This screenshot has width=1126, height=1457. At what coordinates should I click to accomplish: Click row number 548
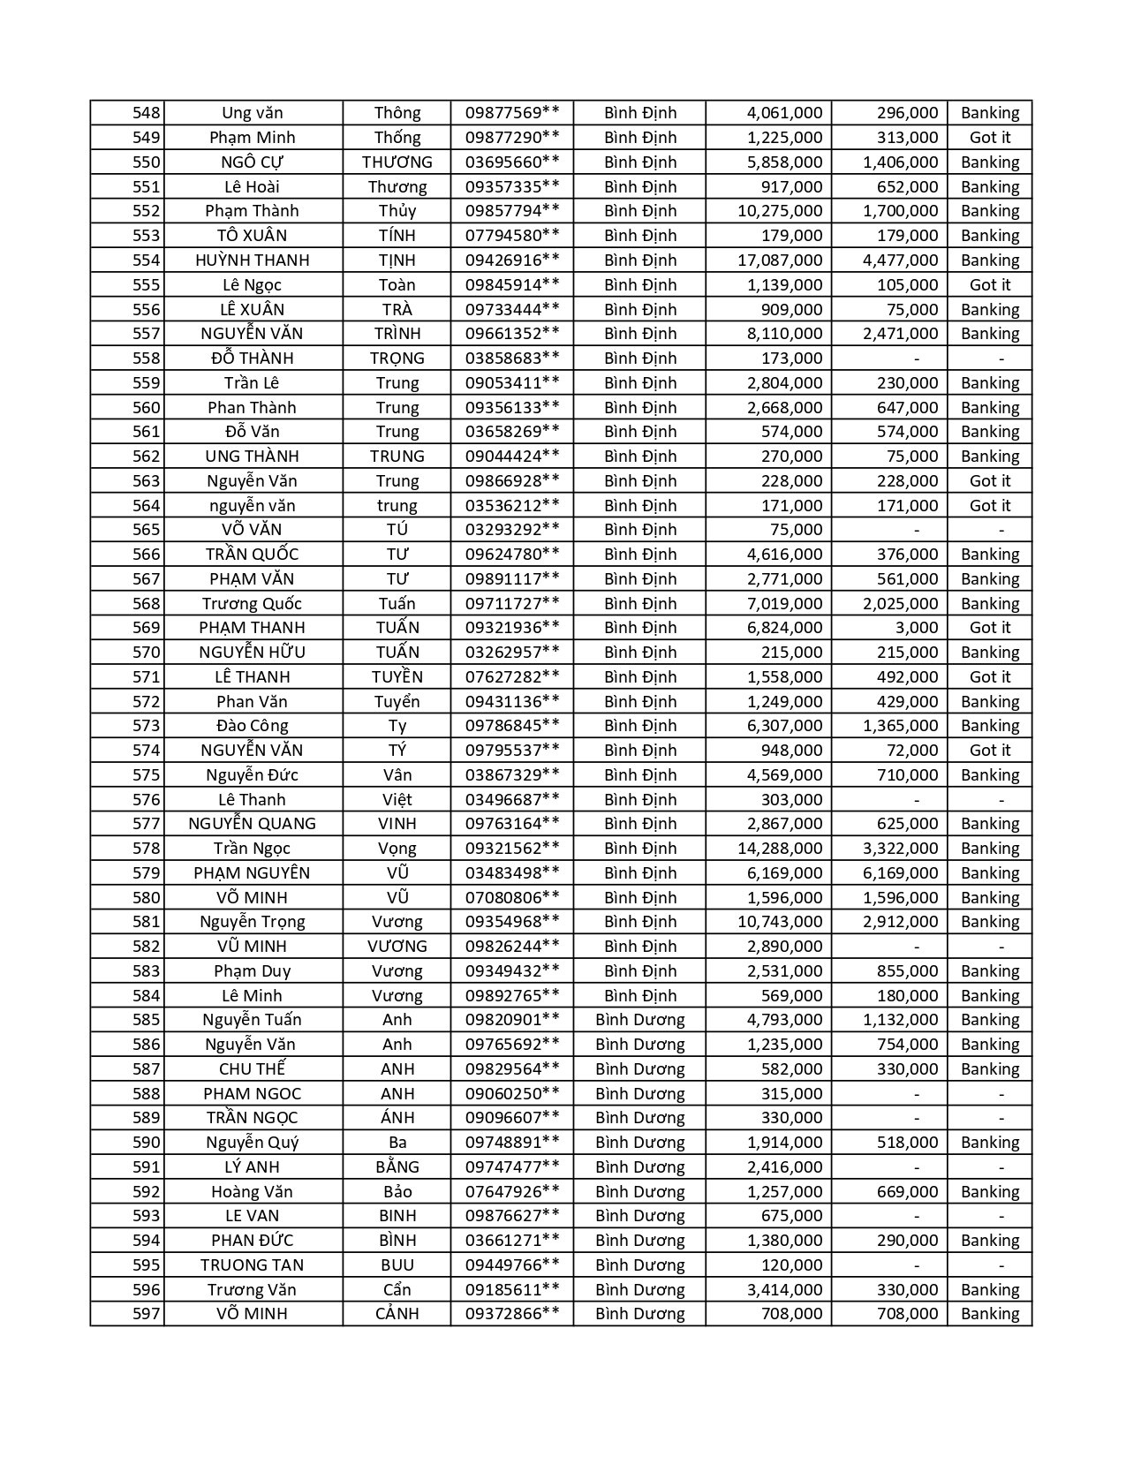[x=147, y=113]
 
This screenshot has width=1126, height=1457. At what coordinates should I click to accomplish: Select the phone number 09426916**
[x=512, y=260]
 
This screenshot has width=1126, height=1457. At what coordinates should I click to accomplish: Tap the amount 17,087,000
[x=780, y=260]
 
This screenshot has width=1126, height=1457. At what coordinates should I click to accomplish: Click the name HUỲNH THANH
[x=253, y=260]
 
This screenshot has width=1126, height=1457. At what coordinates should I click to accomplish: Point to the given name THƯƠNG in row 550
[x=397, y=162]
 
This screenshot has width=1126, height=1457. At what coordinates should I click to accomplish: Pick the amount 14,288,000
[x=780, y=849]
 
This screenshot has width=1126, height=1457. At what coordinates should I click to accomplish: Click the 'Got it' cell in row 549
[x=989, y=138]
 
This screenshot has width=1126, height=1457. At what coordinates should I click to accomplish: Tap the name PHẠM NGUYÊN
[x=253, y=873]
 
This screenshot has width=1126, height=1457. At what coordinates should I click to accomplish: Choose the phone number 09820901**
[x=512, y=1020]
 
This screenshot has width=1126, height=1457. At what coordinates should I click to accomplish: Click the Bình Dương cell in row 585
[x=640, y=1020]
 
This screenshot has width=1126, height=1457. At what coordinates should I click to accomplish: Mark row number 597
[x=147, y=1314]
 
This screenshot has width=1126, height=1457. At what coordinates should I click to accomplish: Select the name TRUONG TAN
[x=253, y=1265]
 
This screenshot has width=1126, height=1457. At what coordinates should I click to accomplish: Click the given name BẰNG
[x=397, y=1167]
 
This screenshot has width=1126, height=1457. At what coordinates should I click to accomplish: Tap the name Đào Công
[x=253, y=726]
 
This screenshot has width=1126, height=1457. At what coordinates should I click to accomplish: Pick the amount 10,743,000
[x=780, y=922]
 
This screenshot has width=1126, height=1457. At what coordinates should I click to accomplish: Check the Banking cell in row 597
[x=989, y=1314]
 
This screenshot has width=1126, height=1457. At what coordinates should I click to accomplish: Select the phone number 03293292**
[x=512, y=530]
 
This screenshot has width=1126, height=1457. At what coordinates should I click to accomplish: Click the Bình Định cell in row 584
[x=640, y=996]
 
